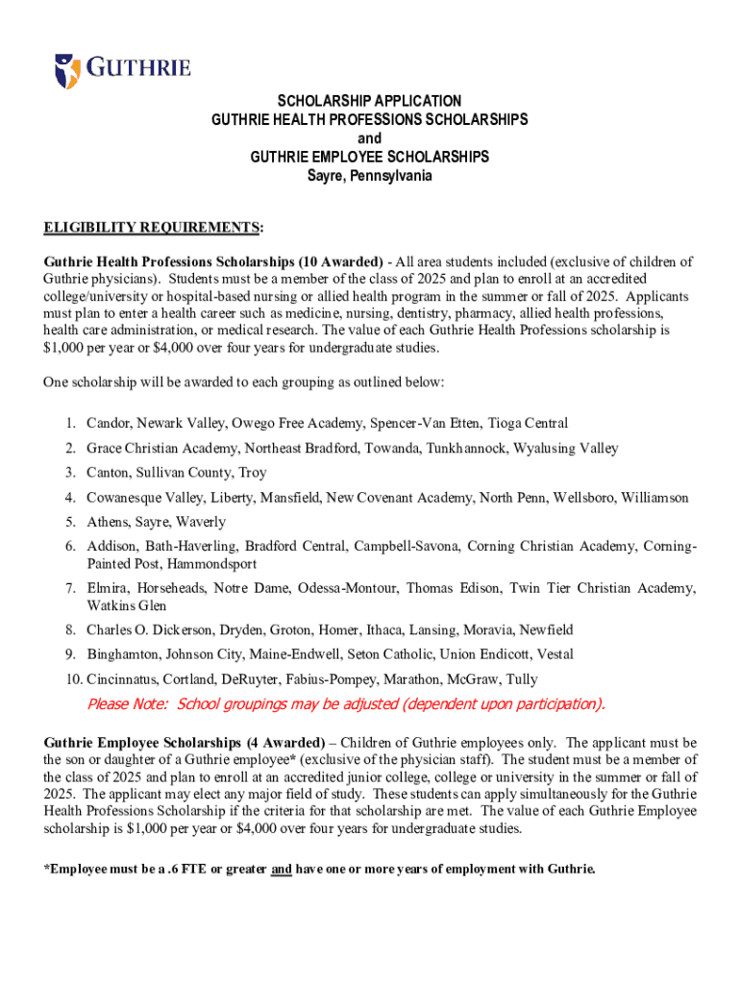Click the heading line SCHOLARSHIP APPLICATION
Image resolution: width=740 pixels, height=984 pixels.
(370, 101)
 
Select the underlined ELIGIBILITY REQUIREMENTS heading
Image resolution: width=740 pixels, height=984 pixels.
(152, 227)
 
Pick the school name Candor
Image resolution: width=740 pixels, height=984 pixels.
(108, 423)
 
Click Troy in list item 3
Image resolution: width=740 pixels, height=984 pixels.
(252, 473)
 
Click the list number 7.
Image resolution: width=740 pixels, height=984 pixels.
(71, 588)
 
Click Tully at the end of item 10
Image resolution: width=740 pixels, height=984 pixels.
(522, 679)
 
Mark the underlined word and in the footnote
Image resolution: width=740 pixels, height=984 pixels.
(282, 870)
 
